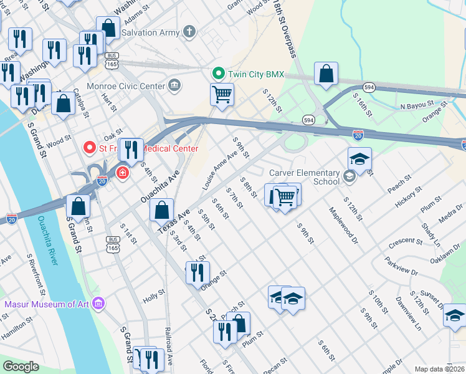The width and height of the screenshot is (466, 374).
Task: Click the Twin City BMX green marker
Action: tap(218, 74)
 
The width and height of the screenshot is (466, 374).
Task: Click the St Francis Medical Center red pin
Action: tap(89, 148)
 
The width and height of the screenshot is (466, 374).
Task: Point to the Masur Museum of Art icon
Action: tap(98, 304)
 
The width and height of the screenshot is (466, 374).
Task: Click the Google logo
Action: tap(21, 366)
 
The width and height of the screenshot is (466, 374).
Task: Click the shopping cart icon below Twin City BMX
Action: tap(222, 95)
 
